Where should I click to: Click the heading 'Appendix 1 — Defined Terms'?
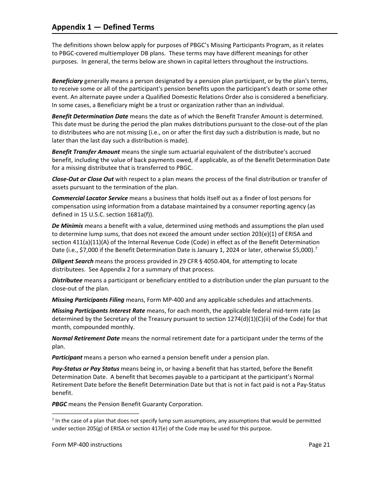point(103,27)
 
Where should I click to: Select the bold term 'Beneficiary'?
point(67,81)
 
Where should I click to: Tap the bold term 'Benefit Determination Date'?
point(90,116)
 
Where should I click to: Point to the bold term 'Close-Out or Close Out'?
point(83,179)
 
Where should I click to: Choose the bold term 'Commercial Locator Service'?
point(90,198)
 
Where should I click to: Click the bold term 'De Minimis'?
point(67,226)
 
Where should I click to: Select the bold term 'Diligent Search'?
point(73,261)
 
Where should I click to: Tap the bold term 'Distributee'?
point(67,280)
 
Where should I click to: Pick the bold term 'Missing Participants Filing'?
point(88,300)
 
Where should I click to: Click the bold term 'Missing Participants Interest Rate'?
point(99,311)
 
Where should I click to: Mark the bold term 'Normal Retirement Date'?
point(86,338)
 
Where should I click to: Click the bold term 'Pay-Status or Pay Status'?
point(86,369)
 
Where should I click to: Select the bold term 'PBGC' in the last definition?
point(59,404)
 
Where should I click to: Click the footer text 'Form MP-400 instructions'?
point(87,445)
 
